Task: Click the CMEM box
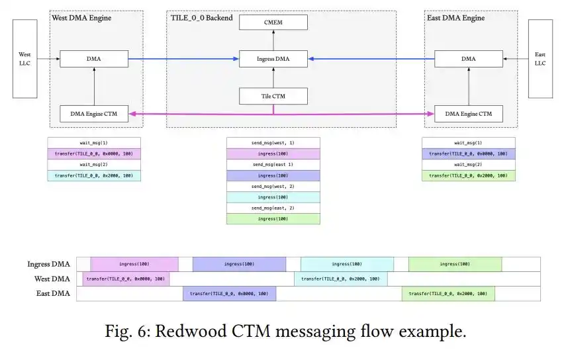273,22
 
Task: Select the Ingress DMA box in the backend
273,59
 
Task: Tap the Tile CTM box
273,96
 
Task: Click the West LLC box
25,59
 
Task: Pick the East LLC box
540,59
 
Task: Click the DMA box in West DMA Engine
94,59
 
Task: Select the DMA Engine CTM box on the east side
469,114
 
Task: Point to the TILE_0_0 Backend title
202,18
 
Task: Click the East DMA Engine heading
455,18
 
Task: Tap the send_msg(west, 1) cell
273,143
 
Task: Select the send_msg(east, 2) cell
273,208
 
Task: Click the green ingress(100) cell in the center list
273,219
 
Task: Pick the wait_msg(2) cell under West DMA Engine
94,164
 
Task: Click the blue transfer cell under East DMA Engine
469,154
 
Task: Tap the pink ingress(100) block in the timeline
134,264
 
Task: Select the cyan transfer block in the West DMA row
341,279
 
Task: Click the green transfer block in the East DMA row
448,294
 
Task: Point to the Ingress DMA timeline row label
48,264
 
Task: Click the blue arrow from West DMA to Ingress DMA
183,59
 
